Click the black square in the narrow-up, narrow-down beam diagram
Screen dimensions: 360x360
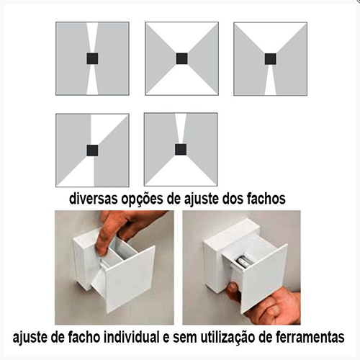92,58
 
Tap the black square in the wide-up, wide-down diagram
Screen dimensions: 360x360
181,58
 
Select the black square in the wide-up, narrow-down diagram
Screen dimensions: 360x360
271,59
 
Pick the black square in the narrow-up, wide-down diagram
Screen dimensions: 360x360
181,149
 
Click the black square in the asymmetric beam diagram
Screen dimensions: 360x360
92,150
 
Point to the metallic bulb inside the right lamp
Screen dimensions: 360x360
243,262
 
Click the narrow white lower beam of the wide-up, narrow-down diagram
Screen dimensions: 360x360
271,80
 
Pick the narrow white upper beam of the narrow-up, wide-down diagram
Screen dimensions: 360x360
181,128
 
